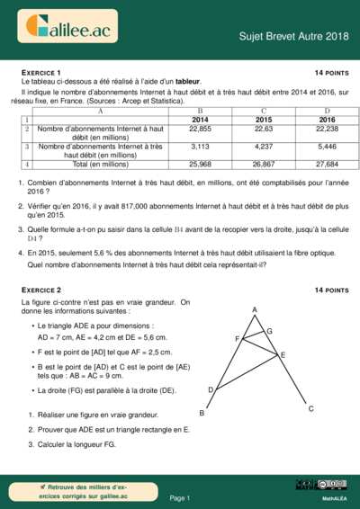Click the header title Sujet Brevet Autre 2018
click(x=293, y=36)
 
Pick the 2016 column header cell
click(x=327, y=120)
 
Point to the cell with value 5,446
click(x=327, y=146)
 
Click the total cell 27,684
click(x=327, y=165)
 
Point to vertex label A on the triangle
click(x=255, y=310)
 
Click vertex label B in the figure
click(x=202, y=414)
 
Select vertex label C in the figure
click(x=310, y=409)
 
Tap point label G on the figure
click(x=269, y=332)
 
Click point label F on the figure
click(x=237, y=339)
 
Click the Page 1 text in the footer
click(x=179, y=497)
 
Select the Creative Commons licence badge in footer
click(x=331, y=485)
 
